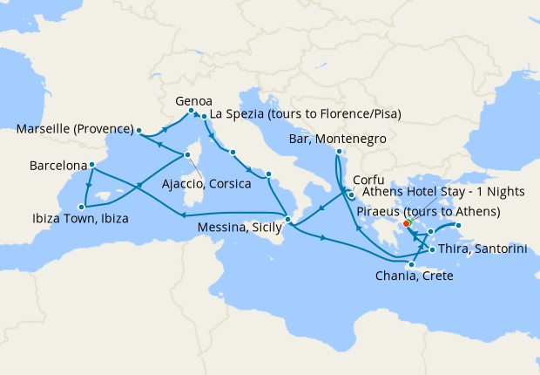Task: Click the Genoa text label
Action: tap(194, 100)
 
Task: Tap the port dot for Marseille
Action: tap(138, 131)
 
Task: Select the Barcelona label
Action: tap(57, 165)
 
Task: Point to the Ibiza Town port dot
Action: tap(82, 207)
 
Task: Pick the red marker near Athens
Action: tap(408, 223)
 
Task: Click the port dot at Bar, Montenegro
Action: tap(338, 152)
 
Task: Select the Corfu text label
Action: tap(368, 180)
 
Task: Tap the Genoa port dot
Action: tap(192, 111)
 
